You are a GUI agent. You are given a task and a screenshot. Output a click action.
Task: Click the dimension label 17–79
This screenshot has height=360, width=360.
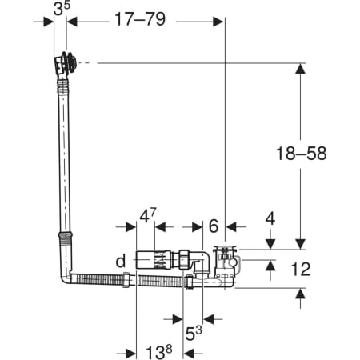pyautogui.click(x=140, y=19)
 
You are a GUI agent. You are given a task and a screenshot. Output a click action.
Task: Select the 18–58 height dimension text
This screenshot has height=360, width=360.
pyautogui.click(x=301, y=154)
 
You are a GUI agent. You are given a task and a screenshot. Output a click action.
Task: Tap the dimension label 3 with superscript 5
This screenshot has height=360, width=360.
pyautogui.click(x=62, y=9)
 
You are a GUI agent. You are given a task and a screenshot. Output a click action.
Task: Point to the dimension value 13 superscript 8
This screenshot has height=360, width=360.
pyautogui.click(x=158, y=352)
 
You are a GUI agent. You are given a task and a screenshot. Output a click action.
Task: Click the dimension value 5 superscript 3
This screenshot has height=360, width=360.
pyautogui.click(x=194, y=333)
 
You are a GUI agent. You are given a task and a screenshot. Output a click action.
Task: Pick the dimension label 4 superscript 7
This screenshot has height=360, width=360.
pyautogui.click(x=148, y=216)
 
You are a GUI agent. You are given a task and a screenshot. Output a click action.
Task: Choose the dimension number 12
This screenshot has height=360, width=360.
pyautogui.click(x=301, y=270)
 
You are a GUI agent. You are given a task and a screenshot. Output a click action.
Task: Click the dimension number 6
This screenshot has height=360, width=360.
pyautogui.click(x=214, y=226)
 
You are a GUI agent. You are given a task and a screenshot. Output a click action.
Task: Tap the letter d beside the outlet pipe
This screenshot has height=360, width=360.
pyautogui.click(x=121, y=261)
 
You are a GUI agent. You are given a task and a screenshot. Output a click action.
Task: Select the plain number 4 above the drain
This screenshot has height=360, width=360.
pyautogui.click(x=270, y=218)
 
